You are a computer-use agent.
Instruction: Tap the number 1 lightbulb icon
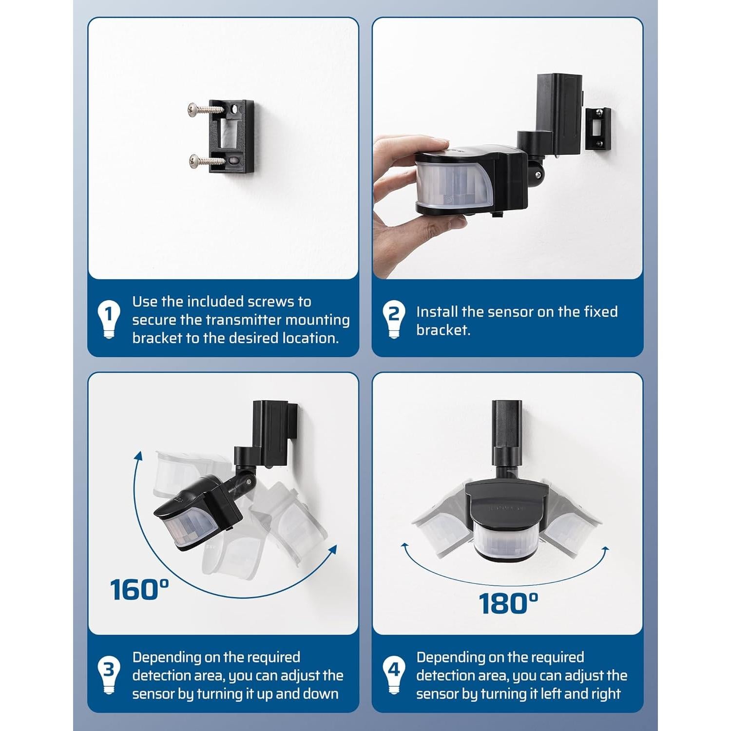coord(109,319)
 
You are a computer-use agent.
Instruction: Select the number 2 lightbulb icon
coord(393,319)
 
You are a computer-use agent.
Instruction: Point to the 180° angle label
coord(508,603)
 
